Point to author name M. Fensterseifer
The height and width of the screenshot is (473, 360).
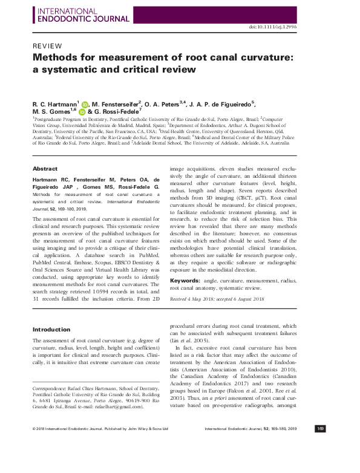[x=118, y=104]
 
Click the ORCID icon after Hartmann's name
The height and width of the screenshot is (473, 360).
[x=85, y=104]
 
